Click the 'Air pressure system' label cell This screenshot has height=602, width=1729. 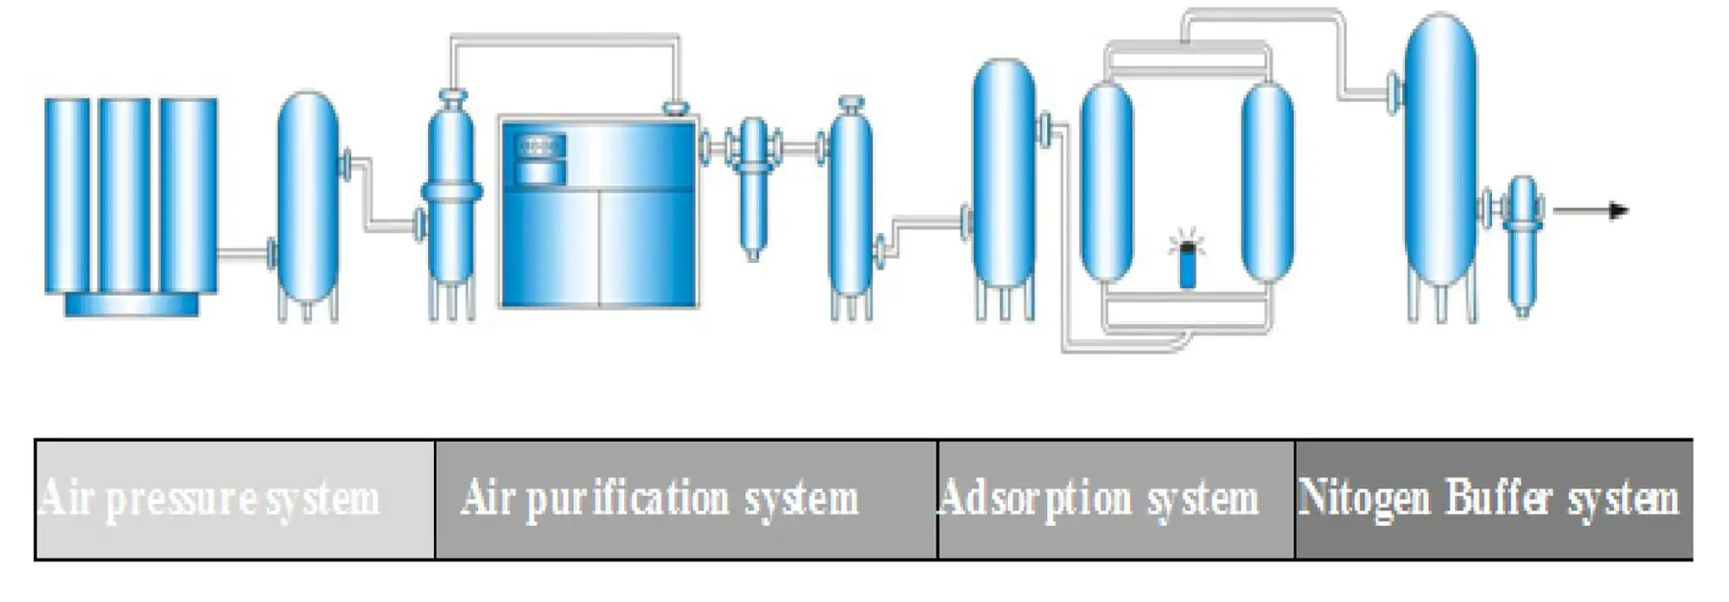[234, 499]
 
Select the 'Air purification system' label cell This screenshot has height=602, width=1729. [686, 499]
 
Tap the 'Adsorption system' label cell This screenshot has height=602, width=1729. [1115, 499]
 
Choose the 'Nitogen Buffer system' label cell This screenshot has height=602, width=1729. [1493, 499]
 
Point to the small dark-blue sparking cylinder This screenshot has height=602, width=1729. [1188, 266]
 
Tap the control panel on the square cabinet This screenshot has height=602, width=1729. [540, 158]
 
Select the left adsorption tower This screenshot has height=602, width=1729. [1107, 182]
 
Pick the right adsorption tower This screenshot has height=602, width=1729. [1267, 182]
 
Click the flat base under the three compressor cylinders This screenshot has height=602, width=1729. [131, 304]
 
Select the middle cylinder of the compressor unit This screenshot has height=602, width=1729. [124, 195]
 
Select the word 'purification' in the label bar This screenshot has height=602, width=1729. [628, 500]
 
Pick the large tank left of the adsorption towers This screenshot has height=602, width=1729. [1004, 173]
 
